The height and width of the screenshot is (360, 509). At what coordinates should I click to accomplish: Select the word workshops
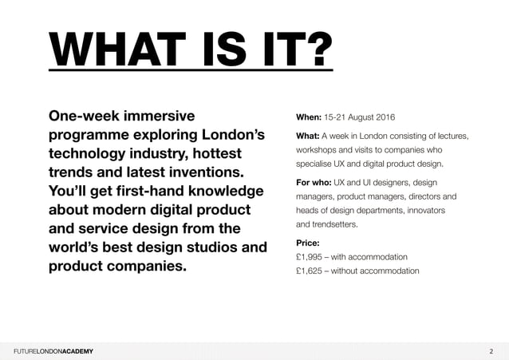(x=320, y=150)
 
